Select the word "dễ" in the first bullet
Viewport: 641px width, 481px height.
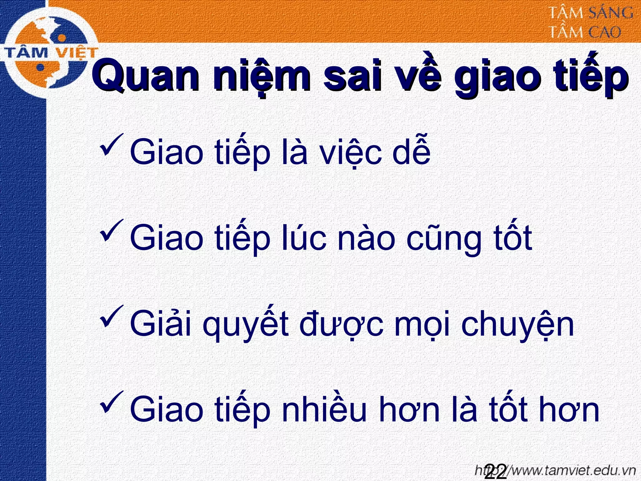pos(411,152)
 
